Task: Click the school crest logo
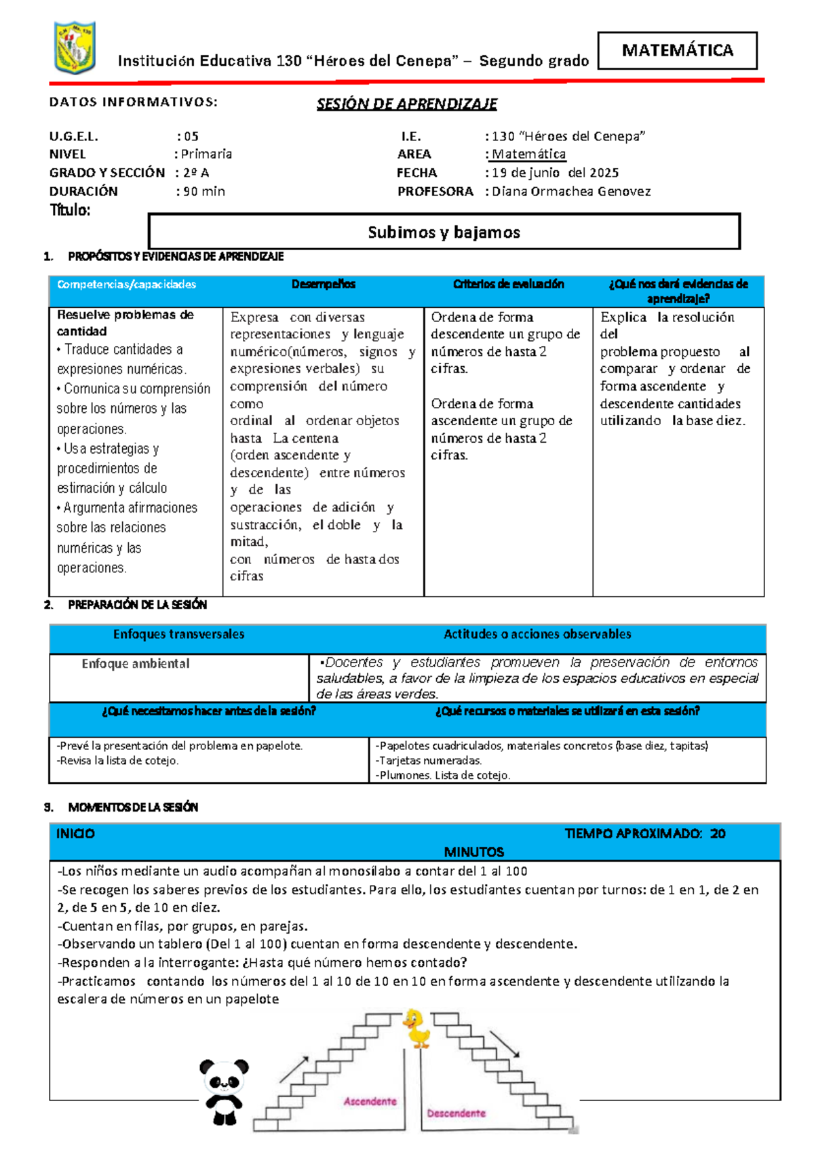(x=75, y=47)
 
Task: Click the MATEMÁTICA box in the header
(x=677, y=50)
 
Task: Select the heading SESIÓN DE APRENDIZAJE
(x=406, y=104)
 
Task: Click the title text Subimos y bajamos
(x=444, y=233)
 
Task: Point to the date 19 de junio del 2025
(x=555, y=173)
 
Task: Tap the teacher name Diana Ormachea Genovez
(x=570, y=191)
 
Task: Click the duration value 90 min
(x=203, y=191)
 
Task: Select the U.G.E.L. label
(x=73, y=136)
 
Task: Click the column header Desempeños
(x=324, y=284)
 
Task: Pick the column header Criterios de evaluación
(x=508, y=284)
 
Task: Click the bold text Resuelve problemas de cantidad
(x=125, y=323)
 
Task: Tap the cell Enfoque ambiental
(x=136, y=664)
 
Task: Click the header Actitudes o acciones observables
(x=537, y=634)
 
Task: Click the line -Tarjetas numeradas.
(x=429, y=761)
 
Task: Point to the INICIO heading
(x=75, y=833)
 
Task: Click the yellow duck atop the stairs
(x=416, y=1028)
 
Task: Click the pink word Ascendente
(x=370, y=1101)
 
